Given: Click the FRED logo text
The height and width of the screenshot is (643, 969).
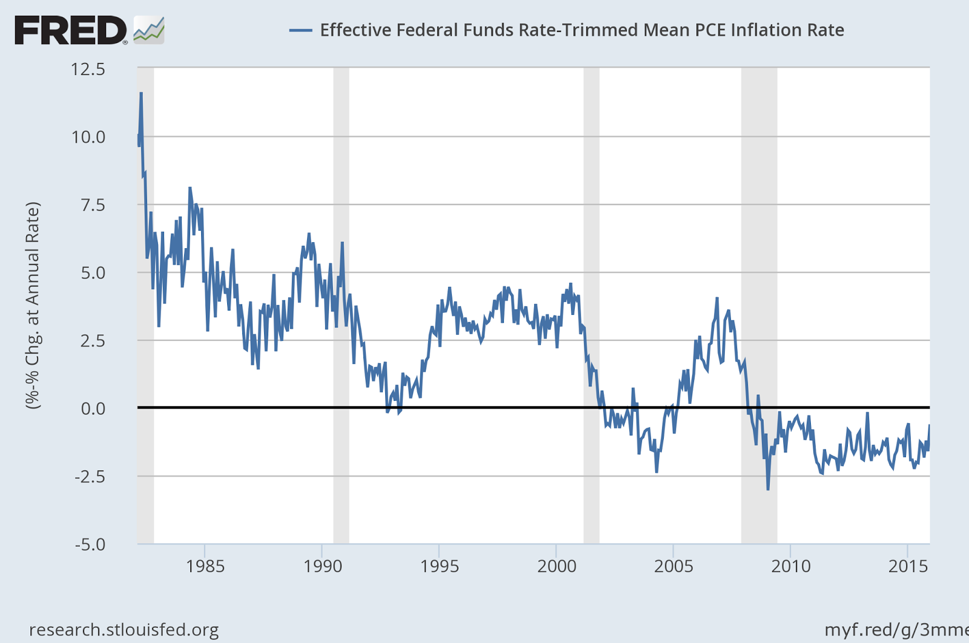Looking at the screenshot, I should pos(70,30).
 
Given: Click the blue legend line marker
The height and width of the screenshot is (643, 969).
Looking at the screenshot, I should pos(300,30).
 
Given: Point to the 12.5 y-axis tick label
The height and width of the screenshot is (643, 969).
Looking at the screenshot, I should pos(88,69).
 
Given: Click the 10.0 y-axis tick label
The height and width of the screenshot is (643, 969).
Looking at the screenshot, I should pos(88,137).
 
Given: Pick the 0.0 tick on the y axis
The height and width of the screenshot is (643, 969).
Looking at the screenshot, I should pos(93,409).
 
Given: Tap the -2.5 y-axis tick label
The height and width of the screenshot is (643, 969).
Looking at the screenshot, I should pos(90,476).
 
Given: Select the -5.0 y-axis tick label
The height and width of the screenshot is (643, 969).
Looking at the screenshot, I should pos(90,544).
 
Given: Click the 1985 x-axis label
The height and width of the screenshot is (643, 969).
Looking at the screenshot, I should pos(205,567).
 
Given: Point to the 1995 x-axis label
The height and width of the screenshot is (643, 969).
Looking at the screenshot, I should pos(440,567).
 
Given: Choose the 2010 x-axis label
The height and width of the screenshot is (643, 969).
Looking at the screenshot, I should pos(790,567).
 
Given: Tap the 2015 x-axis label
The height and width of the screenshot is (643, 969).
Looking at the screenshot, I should pos(907,567).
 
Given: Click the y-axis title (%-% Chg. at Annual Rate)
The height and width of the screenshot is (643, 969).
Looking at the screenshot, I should pos(33,306).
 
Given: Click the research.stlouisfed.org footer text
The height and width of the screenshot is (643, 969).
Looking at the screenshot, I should pos(124,630).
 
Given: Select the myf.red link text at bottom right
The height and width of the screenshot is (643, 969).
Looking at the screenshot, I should pos(896,630).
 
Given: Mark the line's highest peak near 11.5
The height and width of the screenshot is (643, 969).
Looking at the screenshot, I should pos(141,93).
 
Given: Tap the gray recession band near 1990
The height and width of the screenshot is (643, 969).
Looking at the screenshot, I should pos(341,303).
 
